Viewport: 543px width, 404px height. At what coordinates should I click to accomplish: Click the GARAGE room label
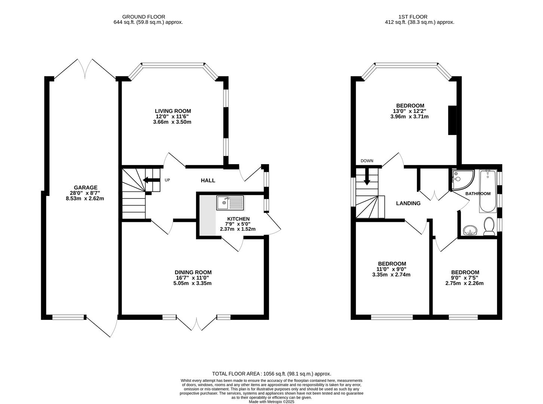pyautogui.click(x=85, y=188)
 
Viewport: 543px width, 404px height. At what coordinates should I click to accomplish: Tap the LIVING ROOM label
pyautogui.click(x=173, y=111)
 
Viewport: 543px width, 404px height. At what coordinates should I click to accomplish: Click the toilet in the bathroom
pyautogui.click(x=489, y=227)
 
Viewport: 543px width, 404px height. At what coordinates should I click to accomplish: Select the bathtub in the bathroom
pyautogui.click(x=487, y=191)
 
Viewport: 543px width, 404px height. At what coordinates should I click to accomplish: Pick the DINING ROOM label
pyautogui.click(x=193, y=272)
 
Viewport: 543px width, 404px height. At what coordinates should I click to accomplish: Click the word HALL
pyautogui.click(x=208, y=180)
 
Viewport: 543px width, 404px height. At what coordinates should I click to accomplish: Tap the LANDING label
pyautogui.click(x=408, y=203)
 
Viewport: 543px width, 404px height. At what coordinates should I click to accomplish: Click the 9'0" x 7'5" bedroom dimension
pyautogui.click(x=465, y=278)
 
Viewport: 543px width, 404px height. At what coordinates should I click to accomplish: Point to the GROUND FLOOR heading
pyautogui.click(x=144, y=16)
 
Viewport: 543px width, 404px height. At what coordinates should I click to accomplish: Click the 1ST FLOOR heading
pyautogui.click(x=413, y=16)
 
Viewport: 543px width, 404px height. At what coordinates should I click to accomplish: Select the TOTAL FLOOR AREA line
pyautogui.click(x=271, y=373)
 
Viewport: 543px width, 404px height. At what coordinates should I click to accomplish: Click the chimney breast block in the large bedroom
pyautogui.click(x=452, y=120)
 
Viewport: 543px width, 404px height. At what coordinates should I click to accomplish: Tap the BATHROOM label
pyautogui.click(x=478, y=193)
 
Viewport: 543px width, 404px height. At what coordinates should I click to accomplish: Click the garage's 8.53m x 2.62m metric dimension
pyautogui.click(x=85, y=199)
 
